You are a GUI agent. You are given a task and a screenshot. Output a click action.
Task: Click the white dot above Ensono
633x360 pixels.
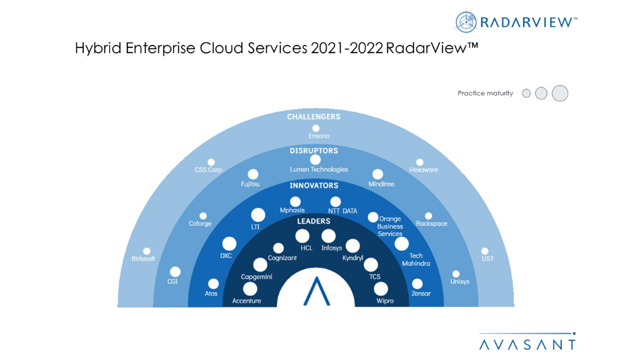pos(316,128)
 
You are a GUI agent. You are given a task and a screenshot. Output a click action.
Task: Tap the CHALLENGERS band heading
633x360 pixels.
pos(314,117)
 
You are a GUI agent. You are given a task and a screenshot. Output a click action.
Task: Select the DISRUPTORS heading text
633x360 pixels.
pos(314,151)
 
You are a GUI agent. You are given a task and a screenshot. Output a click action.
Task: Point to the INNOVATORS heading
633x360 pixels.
pos(314,186)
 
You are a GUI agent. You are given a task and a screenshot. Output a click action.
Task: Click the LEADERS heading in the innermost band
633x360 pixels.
pos(314,221)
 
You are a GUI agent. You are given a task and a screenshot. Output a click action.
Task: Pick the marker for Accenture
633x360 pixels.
pos(250,289)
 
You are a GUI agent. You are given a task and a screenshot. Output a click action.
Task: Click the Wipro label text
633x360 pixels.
pos(385,301)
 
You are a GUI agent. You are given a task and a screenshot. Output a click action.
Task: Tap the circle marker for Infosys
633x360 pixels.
pos(328,236)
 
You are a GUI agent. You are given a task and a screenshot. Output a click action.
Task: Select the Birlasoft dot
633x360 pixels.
pos(147,251)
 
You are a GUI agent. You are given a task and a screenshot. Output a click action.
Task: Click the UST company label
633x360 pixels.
pos(487,258)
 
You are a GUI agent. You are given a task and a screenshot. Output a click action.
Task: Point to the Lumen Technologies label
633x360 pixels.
pos(319,170)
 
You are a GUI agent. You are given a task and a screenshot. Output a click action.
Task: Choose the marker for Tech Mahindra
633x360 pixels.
pos(401,244)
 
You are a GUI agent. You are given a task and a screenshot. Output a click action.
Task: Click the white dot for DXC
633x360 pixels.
pos(229,244)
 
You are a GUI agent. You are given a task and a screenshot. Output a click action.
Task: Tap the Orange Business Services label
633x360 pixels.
pos(390,226)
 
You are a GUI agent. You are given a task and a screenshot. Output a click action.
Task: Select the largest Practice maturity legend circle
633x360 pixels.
pos(560,93)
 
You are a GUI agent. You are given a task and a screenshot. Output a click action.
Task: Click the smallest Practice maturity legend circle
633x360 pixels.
pos(526,93)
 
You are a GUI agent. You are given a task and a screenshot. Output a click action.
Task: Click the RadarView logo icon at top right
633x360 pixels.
pos(466,21)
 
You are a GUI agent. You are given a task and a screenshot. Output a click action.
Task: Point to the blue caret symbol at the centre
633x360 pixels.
pos(316,291)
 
